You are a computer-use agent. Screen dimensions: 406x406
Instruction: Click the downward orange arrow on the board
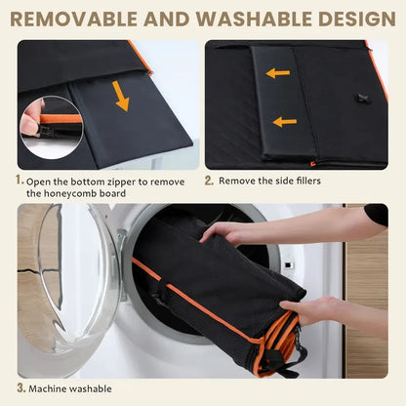(x=121, y=96)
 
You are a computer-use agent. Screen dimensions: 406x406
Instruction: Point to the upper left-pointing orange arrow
(x=278, y=73)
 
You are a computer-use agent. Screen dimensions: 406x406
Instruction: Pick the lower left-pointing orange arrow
(x=285, y=122)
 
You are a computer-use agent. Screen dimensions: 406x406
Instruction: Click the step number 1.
(x=20, y=180)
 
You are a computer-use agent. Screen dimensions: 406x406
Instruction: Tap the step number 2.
(x=209, y=181)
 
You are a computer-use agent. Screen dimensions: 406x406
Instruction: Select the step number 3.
(x=20, y=387)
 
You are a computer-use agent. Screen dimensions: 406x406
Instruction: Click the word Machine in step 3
(x=47, y=388)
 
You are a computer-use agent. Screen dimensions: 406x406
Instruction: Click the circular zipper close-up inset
(x=52, y=128)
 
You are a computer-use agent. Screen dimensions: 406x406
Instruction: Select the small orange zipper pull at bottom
(x=313, y=164)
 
